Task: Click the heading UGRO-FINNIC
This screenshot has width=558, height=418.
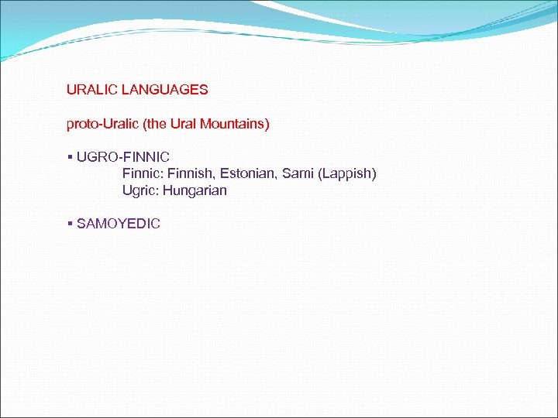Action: (x=123, y=157)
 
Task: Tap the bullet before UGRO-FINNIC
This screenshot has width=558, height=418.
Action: (x=70, y=157)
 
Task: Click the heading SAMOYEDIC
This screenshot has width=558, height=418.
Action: (x=119, y=224)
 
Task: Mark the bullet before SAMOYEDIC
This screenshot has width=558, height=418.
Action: (x=70, y=224)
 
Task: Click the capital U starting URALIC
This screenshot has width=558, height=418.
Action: (x=71, y=90)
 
